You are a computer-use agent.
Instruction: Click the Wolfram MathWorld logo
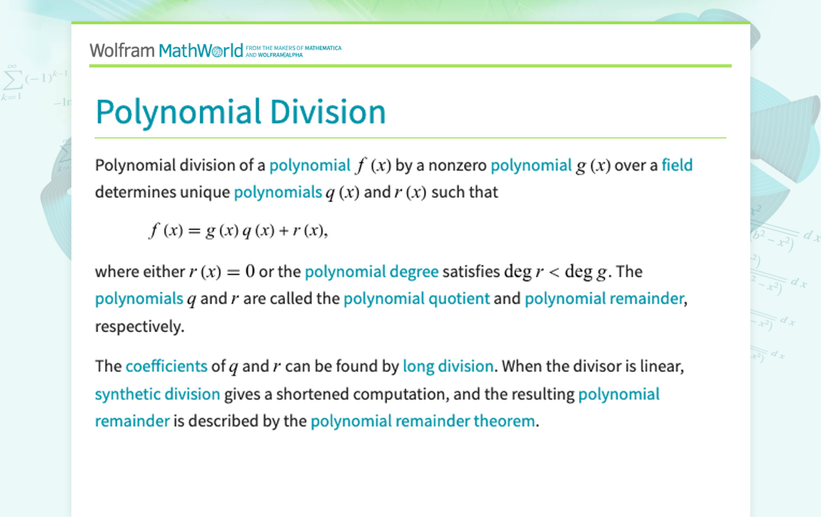[x=166, y=51]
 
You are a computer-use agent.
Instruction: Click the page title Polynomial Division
[x=241, y=112]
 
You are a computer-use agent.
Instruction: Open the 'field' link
[x=677, y=165]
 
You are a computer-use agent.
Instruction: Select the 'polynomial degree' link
[x=372, y=272]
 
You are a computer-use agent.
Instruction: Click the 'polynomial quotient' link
[x=417, y=298]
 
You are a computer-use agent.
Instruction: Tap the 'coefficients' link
[x=166, y=366]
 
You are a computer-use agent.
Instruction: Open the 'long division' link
[x=448, y=366]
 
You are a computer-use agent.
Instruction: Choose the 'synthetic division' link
[x=158, y=394]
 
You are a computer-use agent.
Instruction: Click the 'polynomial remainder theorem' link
[x=423, y=421]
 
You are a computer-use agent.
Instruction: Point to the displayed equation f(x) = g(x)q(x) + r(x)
[x=238, y=231]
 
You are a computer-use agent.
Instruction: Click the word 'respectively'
[x=138, y=326]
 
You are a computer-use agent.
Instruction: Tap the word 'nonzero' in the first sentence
[x=458, y=166]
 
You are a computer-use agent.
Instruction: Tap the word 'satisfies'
[x=471, y=271]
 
